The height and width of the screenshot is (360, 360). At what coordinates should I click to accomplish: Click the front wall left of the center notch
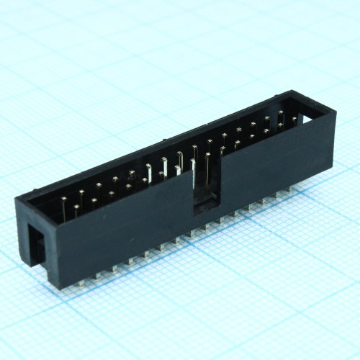pyautogui.click(x=130, y=230)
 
